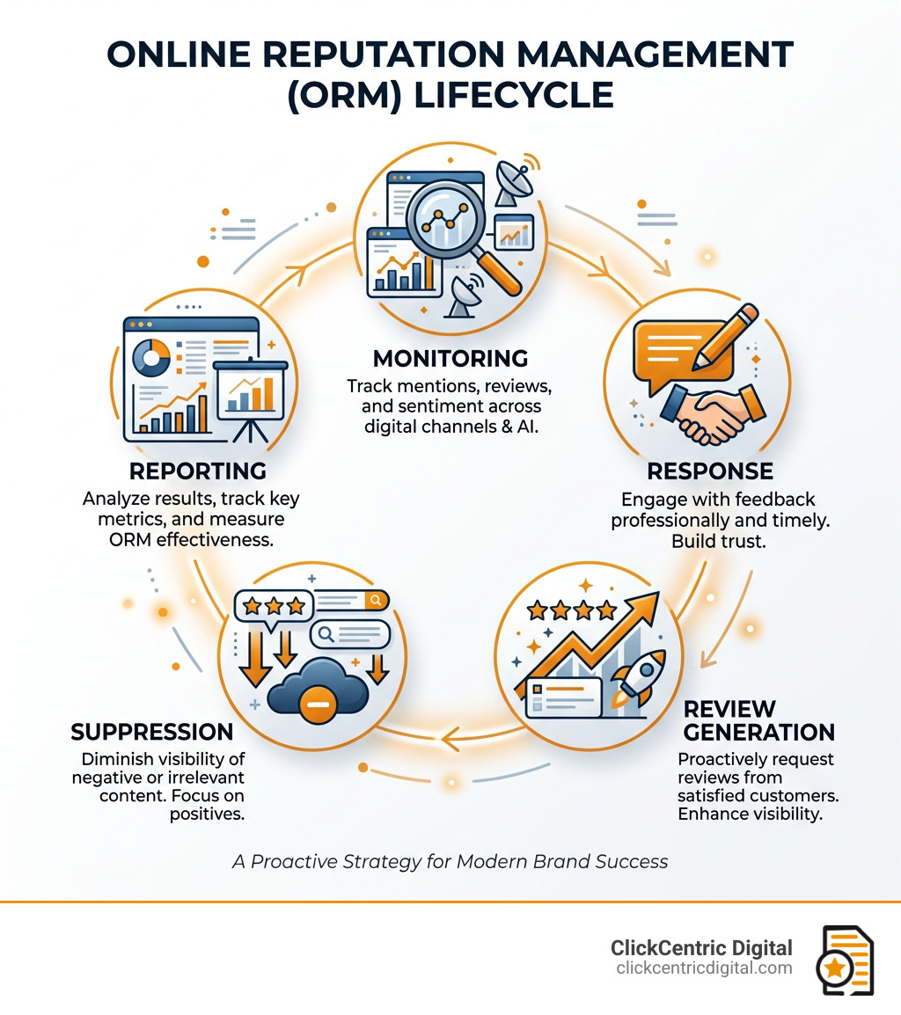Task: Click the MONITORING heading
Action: (450, 358)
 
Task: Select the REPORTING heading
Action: (197, 471)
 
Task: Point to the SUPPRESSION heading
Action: (152, 732)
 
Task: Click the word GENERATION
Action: (758, 732)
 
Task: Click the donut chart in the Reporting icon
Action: (151, 358)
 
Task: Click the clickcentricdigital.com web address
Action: (704, 968)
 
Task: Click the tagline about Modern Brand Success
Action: (450, 861)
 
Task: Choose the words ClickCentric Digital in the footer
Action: (701, 948)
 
